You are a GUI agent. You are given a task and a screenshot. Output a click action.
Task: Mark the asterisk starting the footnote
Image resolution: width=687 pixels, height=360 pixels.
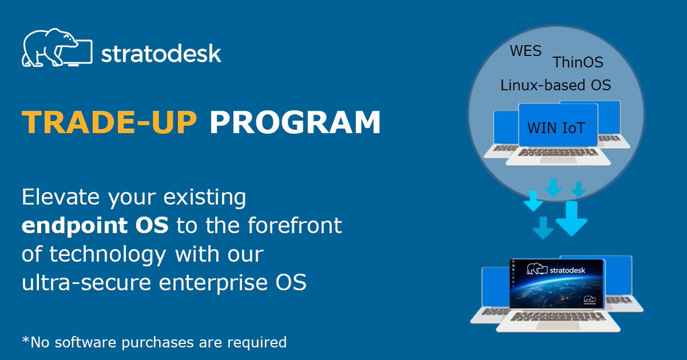pyautogui.click(x=25, y=341)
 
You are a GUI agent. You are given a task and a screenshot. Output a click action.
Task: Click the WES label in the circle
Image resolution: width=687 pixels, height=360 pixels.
pyautogui.click(x=525, y=51)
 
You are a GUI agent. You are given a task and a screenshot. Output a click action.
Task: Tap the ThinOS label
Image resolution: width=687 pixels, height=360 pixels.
pyautogui.click(x=577, y=62)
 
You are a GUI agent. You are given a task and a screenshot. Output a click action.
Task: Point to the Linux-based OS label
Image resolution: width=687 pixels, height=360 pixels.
pyautogui.click(x=555, y=85)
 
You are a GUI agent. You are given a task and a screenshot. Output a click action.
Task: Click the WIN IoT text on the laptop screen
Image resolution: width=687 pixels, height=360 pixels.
pyautogui.click(x=556, y=127)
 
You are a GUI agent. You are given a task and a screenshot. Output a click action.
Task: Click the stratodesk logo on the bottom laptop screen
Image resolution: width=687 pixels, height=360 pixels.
pyautogui.click(x=554, y=269)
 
